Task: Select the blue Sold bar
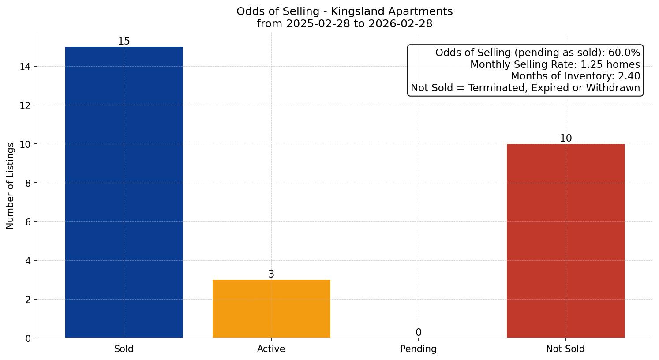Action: (x=124, y=192)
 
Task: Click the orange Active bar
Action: (x=271, y=309)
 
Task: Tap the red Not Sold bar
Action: (x=565, y=241)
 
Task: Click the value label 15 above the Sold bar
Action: (x=124, y=41)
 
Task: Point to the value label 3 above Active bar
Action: (x=271, y=274)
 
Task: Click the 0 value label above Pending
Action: (x=418, y=333)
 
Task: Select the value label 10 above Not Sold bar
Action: (x=565, y=139)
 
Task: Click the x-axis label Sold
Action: (x=124, y=349)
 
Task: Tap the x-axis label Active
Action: (x=271, y=349)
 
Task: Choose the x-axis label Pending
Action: (x=418, y=349)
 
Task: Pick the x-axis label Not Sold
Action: (x=565, y=349)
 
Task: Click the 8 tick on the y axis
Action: (x=28, y=183)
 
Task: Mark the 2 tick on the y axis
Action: (x=28, y=300)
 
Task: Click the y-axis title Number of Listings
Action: (x=11, y=185)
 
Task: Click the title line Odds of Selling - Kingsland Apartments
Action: (x=344, y=11)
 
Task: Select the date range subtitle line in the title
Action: (x=344, y=24)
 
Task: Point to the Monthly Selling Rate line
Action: (x=555, y=65)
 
